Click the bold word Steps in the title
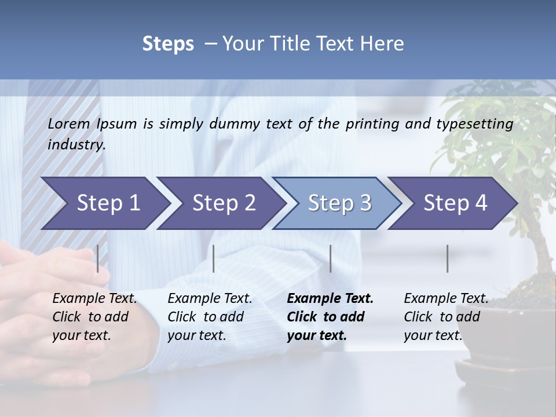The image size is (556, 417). pyautogui.click(x=168, y=44)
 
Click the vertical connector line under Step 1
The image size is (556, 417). pyautogui.click(x=98, y=258)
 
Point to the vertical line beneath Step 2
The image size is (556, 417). pyautogui.click(x=214, y=258)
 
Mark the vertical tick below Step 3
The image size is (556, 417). pyautogui.click(x=330, y=258)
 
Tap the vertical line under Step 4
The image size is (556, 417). pyautogui.click(x=447, y=258)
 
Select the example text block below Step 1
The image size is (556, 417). pyautogui.click(x=94, y=316)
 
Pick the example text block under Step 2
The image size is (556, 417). pyautogui.click(x=210, y=316)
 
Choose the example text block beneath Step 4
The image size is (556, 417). pyautogui.click(x=446, y=316)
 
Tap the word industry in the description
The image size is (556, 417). pyautogui.click(x=76, y=145)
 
